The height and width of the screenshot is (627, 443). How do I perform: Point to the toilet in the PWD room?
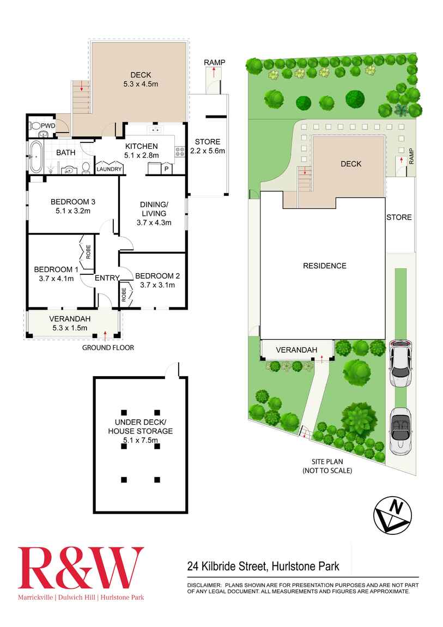(37, 125)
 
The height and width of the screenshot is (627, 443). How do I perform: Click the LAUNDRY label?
(108, 169)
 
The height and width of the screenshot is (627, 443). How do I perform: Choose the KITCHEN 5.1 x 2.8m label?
(142, 150)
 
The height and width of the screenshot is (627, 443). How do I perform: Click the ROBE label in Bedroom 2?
(124, 295)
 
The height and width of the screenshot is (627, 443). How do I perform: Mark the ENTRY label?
(107, 278)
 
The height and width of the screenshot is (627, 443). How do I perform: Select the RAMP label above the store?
(215, 63)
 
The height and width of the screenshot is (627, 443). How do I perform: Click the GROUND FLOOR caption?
(108, 347)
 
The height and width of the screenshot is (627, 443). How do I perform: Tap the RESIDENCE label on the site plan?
(325, 266)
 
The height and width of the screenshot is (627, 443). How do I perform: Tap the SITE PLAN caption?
(327, 461)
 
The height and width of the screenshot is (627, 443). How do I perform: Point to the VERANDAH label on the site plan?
(296, 349)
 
